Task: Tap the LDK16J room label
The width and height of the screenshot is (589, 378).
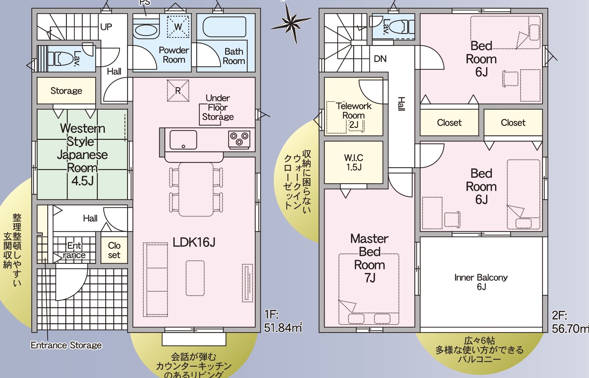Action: [194, 242]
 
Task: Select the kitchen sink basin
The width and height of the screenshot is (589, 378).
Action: [183, 140]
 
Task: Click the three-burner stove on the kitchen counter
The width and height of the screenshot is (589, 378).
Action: [239, 139]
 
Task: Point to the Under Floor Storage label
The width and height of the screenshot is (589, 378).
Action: [218, 107]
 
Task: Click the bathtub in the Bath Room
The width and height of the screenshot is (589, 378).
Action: [225, 27]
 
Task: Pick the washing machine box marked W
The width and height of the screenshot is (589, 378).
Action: [178, 27]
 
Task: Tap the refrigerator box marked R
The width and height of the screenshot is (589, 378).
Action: [178, 91]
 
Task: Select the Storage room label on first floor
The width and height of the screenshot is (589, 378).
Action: [66, 91]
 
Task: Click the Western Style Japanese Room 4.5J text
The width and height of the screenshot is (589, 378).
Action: [83, 155]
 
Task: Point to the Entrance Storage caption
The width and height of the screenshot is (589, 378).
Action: [66, 345]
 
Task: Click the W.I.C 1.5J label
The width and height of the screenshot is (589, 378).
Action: [354, 162]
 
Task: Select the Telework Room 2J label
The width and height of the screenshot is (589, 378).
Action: [354, 115]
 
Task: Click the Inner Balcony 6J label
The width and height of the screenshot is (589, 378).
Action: [481, 282]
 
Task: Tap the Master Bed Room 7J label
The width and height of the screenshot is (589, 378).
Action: [369, 258]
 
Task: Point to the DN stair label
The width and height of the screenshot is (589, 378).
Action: [380, 59]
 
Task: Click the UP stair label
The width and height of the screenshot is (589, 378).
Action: [106, 27]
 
